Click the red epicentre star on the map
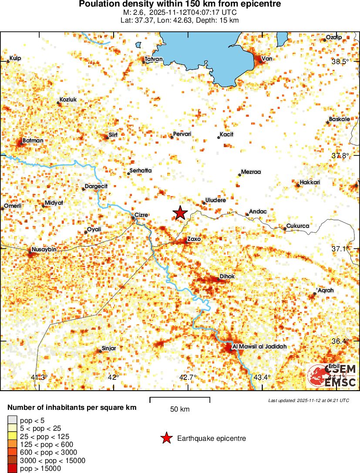tap(180, 213)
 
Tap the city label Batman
tap(33, 140)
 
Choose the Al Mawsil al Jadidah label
tap(259, 346)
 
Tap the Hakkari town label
tap(310, 182)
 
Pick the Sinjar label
tap(109, 348)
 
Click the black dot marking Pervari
tap(172, 138)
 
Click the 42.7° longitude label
tap(188, 377)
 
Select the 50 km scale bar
tap(180, 400)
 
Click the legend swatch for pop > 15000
tap(12, 469)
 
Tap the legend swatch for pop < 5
tap(12, 420)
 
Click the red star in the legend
tap(166, 438)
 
